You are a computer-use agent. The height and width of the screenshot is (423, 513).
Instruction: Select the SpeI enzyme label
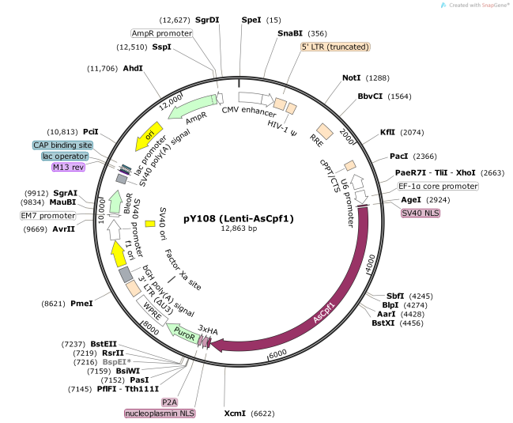coord(251,19)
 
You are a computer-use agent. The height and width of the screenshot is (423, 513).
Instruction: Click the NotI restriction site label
coord(351,78)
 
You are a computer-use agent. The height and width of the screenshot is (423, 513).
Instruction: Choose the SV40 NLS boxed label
coord(421,213)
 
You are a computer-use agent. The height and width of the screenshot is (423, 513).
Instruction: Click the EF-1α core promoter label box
coord(438,187)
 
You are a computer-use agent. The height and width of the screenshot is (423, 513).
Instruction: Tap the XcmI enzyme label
coord(235,413)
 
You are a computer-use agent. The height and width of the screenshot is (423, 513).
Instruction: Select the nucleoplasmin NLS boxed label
coord(159,414)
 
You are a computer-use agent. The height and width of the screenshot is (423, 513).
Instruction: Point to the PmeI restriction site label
coord(81,303)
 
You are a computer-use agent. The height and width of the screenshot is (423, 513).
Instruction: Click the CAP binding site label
coord(62,145)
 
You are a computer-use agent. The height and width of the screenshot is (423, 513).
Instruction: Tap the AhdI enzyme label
coord(133,69)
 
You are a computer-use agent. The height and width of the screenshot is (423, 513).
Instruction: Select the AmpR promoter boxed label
coord(162,33)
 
